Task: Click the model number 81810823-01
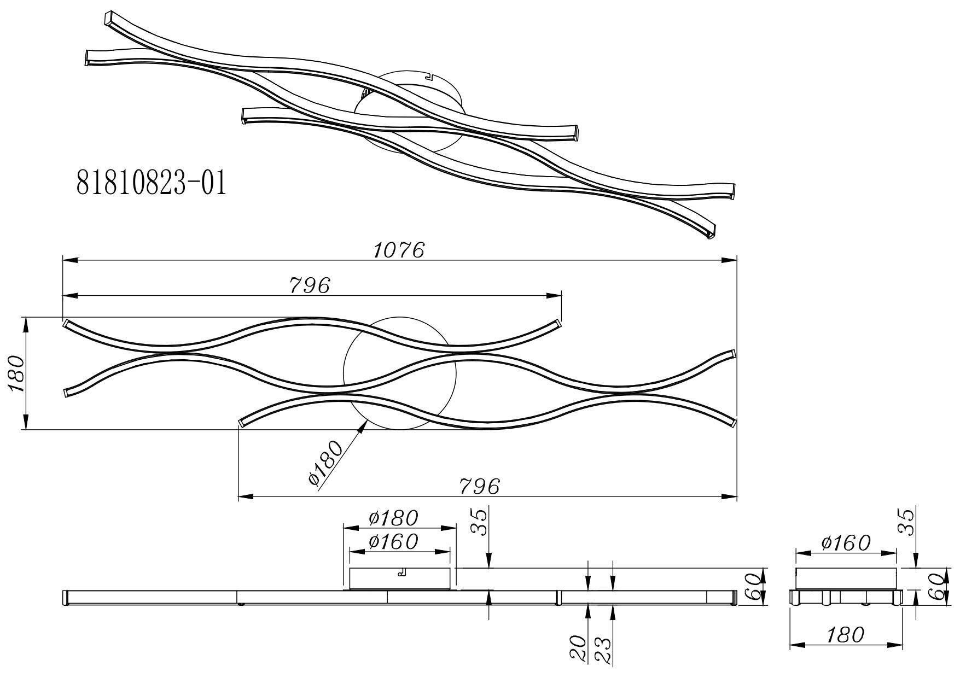coord(151,183)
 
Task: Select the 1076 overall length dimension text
coord(399,250)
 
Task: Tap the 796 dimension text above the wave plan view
coord(310,285)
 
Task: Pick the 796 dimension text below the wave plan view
coord(479,486)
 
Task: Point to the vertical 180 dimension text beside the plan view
coord(16,373)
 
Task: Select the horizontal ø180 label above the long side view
coord(393,517)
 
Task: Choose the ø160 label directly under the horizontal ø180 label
coord(393,541)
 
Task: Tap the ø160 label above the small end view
coord(845,543)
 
